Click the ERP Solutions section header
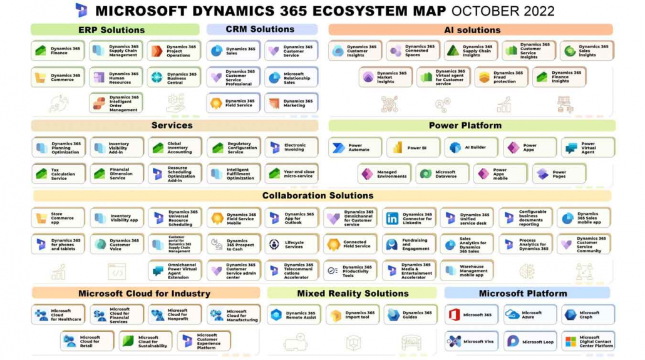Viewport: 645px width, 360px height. (x=115, y=29)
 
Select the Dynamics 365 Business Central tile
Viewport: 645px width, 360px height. (x=174, y=77)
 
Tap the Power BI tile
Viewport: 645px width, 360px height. (x=413, y=148)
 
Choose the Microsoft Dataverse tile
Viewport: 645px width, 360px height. (x=442, y=173)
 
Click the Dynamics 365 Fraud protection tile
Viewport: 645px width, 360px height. (x=501, y=77)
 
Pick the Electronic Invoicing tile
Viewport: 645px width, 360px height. (x=291, y=148)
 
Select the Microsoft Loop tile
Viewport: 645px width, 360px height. (x=530, y=341)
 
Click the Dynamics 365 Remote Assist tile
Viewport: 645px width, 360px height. (x=294, y=315)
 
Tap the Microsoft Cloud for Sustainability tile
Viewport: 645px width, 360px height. (x=145, y=341)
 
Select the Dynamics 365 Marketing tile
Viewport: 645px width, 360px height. (x=291, y=103)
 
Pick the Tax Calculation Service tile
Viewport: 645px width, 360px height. (x=58, y=174)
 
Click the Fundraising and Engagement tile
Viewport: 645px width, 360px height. (x=409, y=244)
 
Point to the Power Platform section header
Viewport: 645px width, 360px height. (x=465, y=125)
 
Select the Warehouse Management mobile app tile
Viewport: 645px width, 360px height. (x=467, y=270)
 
